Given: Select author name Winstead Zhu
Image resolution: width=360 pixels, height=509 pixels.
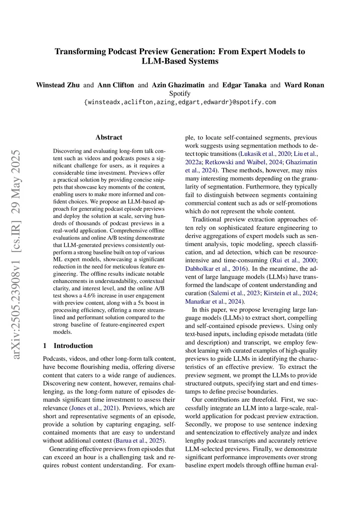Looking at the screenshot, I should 58,85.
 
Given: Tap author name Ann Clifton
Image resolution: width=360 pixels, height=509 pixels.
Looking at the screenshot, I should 116,85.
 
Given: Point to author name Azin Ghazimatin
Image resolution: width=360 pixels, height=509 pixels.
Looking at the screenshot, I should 178,85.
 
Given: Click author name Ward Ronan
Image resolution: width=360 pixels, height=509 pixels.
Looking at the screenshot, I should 304,85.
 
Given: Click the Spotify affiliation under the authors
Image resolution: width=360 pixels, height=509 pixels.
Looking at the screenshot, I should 180,94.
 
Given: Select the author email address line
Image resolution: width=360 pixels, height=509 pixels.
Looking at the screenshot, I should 180,102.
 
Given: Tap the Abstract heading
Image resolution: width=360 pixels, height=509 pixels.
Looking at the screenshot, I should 109,137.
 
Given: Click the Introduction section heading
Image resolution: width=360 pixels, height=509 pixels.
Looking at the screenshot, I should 73,346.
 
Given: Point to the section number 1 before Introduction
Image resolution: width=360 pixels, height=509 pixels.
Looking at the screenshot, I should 45,346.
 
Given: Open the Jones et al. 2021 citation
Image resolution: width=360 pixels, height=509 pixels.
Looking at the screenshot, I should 94,408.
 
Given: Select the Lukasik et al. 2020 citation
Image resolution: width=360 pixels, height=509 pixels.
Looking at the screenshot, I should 265,154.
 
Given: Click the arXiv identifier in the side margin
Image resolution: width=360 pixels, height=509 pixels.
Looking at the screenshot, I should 16,254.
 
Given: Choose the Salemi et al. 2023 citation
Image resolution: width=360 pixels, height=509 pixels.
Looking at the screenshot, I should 235,293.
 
